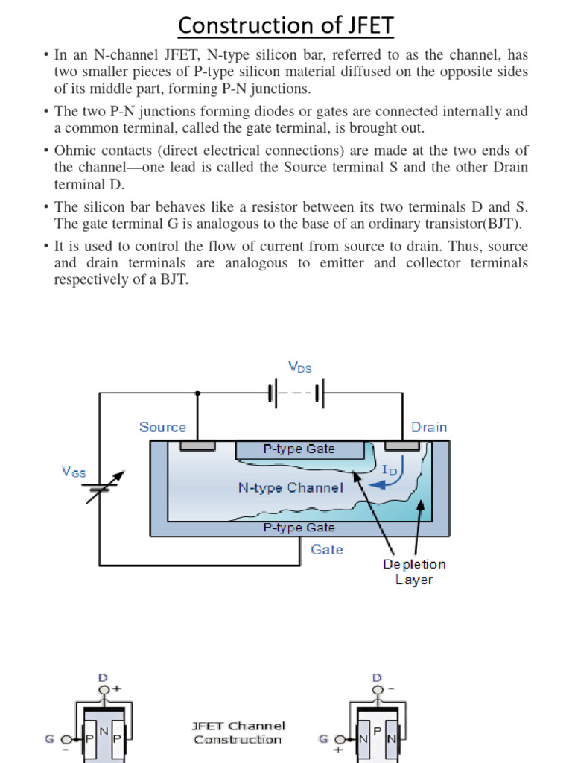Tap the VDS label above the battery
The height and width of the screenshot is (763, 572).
(300, 367)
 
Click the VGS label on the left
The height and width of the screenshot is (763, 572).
(73, 472)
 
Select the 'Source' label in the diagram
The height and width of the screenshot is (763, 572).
(162, 427)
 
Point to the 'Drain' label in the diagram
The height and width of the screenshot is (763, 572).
(429, 427)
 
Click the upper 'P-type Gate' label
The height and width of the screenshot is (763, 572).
(299, 449)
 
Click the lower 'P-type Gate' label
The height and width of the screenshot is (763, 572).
(299, 528)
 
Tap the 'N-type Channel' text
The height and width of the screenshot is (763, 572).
(290, 488)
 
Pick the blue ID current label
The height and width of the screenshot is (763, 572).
(390, 471)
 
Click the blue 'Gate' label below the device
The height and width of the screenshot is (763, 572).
(327, 549)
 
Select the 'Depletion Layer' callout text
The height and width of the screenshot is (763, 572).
(414, 572)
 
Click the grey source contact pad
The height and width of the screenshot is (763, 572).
(197, 446)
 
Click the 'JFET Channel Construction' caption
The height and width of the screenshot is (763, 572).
(238, 732)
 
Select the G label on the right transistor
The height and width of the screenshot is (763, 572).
(323, 739)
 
